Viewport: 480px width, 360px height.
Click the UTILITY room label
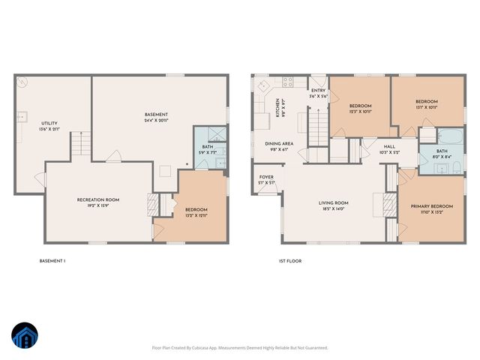(x=49, y=124)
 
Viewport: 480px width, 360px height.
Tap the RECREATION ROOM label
(x=98, y=199)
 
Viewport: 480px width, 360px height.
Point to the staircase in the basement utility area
(x=81, y=142)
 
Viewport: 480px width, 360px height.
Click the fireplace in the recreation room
(x=153, y=204)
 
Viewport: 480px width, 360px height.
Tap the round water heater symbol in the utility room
(x=24, y=82)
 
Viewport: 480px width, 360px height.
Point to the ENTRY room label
(x=319, y=90)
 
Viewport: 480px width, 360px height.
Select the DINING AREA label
(x=278, y=143)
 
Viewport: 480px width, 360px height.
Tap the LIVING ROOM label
(x=334, y=202)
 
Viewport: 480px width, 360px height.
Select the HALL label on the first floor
(x=389, y=147)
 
